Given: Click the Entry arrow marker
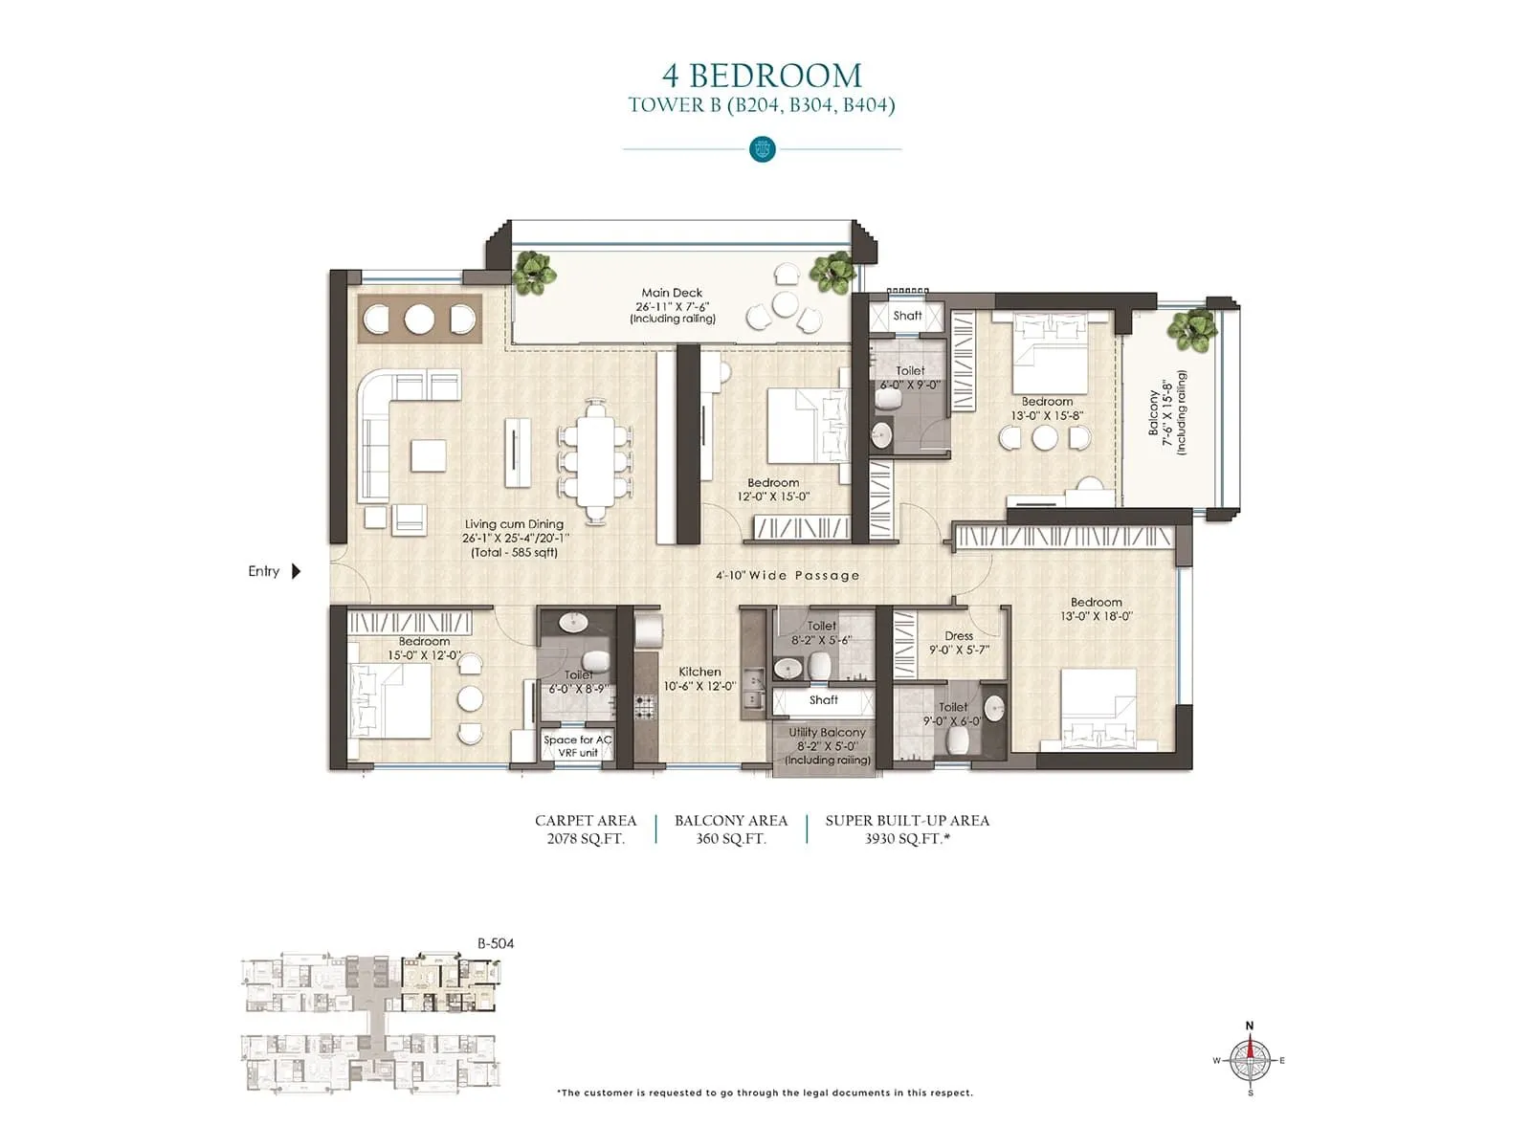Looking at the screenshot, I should pyautogui.click(x=296, y=571).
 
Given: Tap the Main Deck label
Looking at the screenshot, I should pyautogui.click(x=672, y=294).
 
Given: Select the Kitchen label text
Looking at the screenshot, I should pyautogui.click(x=699, y=673).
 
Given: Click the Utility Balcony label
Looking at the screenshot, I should pyautogui.click(x=827, y=733).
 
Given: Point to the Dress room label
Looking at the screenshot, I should pyautogui.click(x=959, y=636).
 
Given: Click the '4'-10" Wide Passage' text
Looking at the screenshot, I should pyautogui.click(x=788, y=576).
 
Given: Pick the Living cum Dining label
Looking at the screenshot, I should pyautogui.click(x=514, y=524).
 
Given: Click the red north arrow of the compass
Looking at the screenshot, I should pyautogui.click(x=1250, y=1047).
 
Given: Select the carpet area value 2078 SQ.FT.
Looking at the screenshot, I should pyautogui.click(x=586, y=839).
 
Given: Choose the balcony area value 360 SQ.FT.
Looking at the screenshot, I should pyautogui.click(x=731, y=839).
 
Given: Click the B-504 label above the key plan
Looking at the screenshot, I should pyautogui.click(x=496, y=943).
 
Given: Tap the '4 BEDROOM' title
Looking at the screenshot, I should pyautogui.click(x=762, y=76).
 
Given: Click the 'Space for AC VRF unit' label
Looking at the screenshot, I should pyautogui.click(x=577, y=746).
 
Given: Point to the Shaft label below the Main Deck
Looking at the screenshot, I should pyautogui.click(x=907, y=316).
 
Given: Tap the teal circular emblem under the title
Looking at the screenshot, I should pyautogui.click(x=763, y=149).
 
